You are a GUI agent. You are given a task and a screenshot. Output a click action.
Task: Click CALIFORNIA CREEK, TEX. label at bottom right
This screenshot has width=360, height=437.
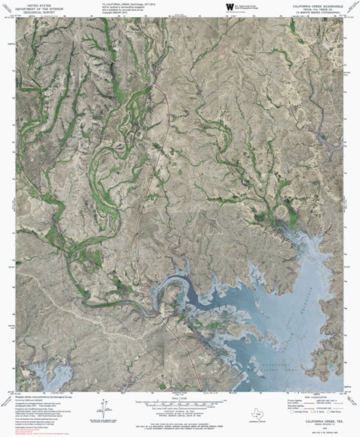(x=319, y=421)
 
